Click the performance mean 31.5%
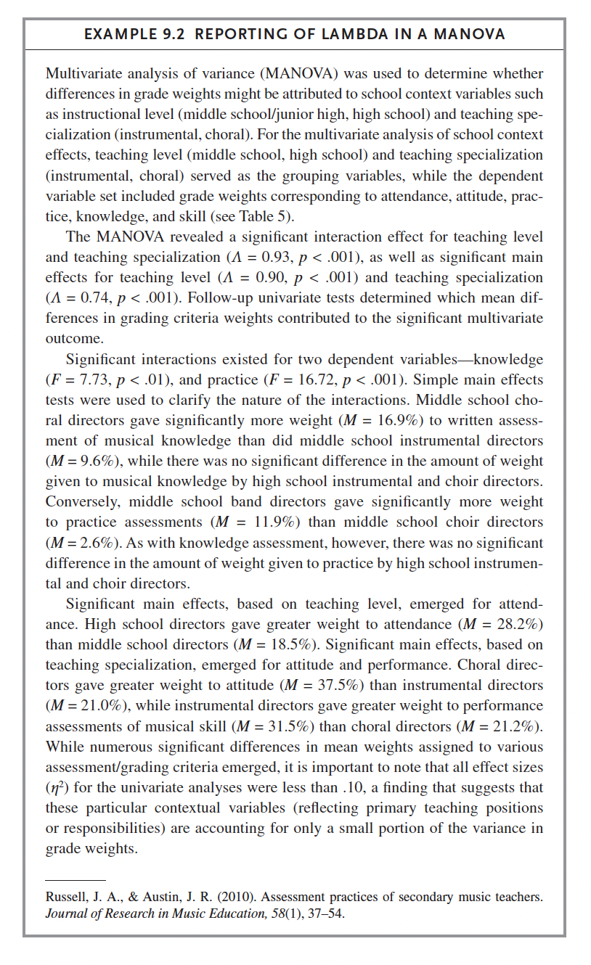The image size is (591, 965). click(285, 726)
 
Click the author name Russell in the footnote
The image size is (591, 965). click(67, 897)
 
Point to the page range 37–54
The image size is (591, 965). click(325, 913)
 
